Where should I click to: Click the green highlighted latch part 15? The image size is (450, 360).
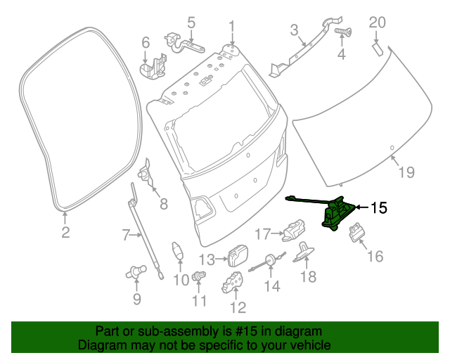click(x=336, y=214)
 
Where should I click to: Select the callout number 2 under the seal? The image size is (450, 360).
click(x=65, y=233)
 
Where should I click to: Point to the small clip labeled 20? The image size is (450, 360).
click(x=376, y=49)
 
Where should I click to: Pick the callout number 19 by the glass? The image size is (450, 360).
click(x=407, y=172)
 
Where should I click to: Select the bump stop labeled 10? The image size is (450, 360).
click(x=179, y=251)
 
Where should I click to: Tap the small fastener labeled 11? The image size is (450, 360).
click(x=199, y=275)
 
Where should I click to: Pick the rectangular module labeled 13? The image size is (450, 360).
click(x=238, y=255)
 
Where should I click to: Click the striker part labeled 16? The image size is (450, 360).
click(x=359, y=231)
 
